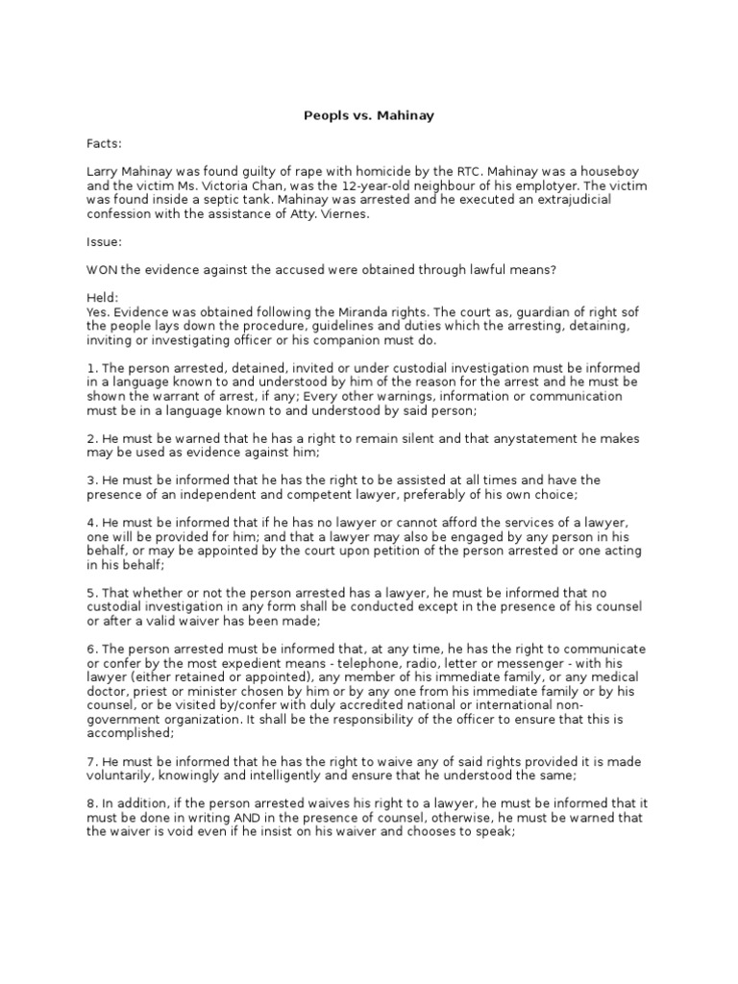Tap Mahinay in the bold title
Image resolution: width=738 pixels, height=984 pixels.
[x=407, y=116]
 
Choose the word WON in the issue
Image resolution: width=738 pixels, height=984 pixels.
[x=103, y=271]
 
